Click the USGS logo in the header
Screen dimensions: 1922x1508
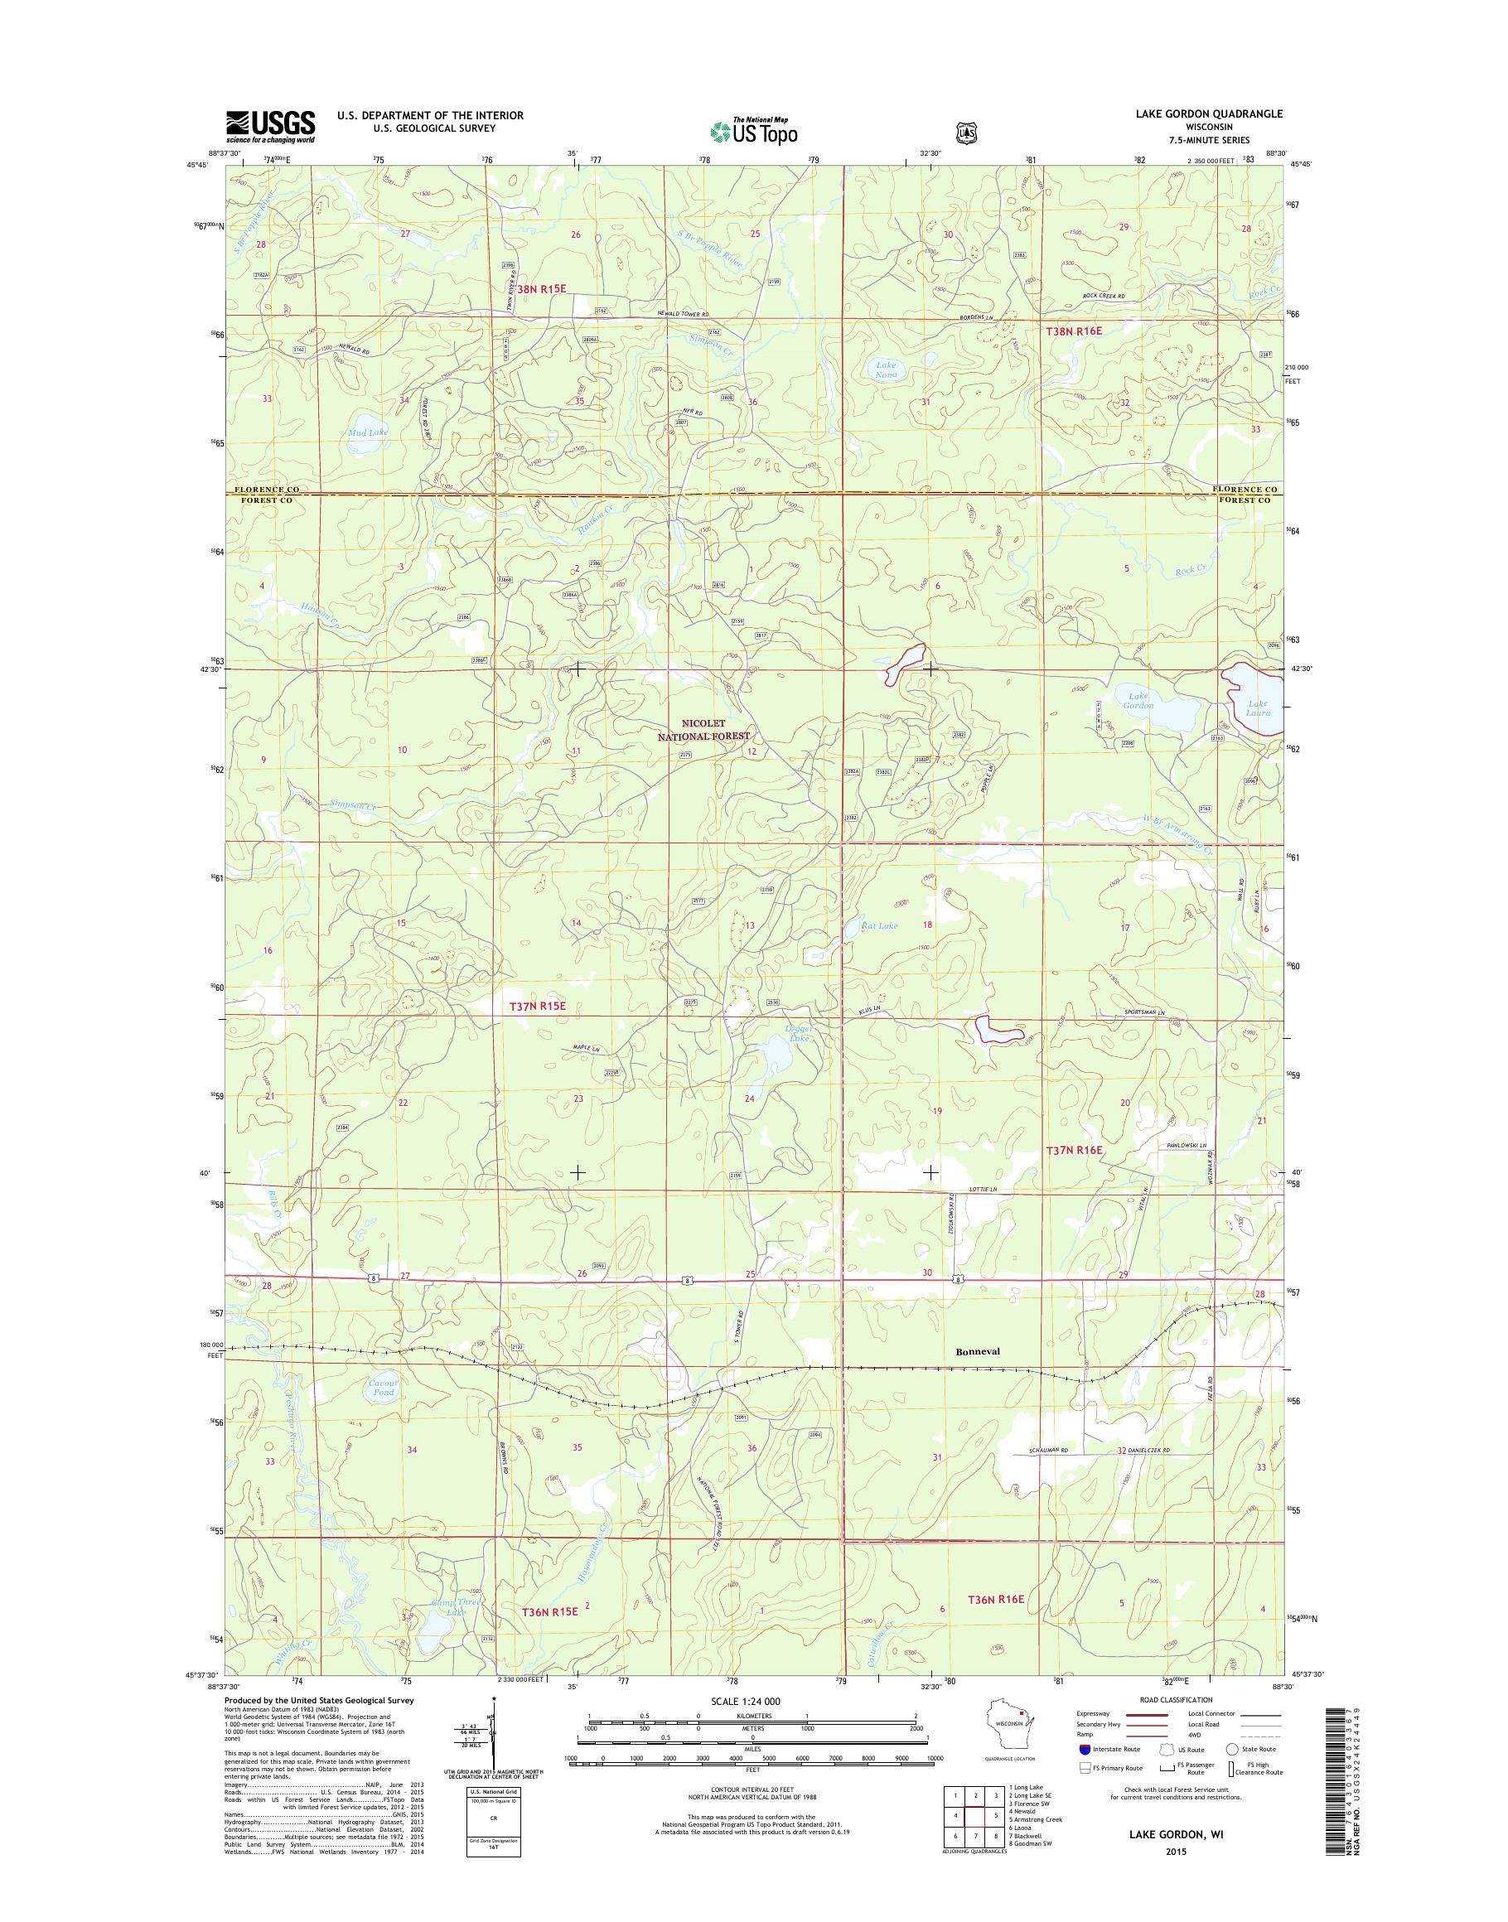[x=270, y=127]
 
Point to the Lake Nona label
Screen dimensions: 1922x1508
[x=887, y=369]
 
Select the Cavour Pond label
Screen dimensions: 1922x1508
[x=383, y=1387]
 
